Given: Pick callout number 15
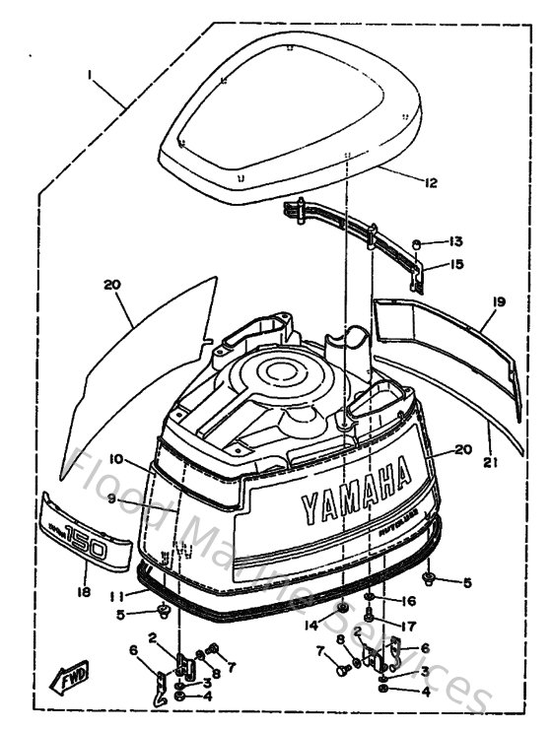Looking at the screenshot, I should [x=455, y=263].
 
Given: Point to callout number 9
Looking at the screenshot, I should [x=111, y=499].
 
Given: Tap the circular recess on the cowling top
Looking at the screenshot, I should [x=282, y=375].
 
